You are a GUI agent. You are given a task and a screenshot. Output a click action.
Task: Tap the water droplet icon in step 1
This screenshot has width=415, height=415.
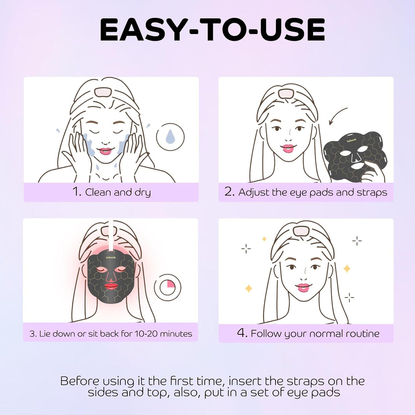(x=170, y=137)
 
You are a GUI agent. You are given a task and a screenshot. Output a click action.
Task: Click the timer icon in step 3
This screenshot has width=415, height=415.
(x=168, y=287)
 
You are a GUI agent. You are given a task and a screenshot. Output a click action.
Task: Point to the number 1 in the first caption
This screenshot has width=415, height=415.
(x=77, y=192)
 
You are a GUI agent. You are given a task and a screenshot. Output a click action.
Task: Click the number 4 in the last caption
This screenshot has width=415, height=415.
(x=242, y=333)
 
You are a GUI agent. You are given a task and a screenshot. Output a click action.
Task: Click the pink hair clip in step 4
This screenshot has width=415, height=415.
(x=300, y=231)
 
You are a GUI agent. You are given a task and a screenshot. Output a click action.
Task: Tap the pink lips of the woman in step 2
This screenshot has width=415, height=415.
(x=289, y=148)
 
